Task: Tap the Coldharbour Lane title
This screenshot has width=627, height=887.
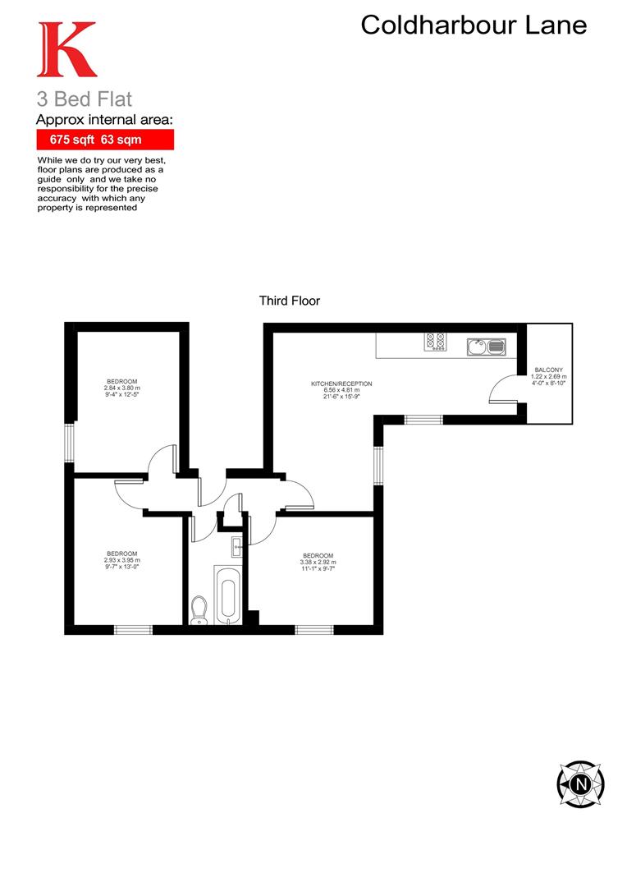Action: (x=474, y=25)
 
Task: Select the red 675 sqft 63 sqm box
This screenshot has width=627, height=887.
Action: (x=105, y=140)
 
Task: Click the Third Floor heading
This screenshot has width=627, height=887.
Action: (x=289, y=301)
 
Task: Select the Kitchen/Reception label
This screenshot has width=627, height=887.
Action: (x=341, y=388)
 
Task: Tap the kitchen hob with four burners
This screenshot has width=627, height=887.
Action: (x=435, y=340)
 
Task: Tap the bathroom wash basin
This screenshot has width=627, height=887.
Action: (x=236, y=543)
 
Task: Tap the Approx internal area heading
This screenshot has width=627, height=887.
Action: (x=105, y=120)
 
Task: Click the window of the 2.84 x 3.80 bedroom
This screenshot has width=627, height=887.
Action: (x=70, y=443)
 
